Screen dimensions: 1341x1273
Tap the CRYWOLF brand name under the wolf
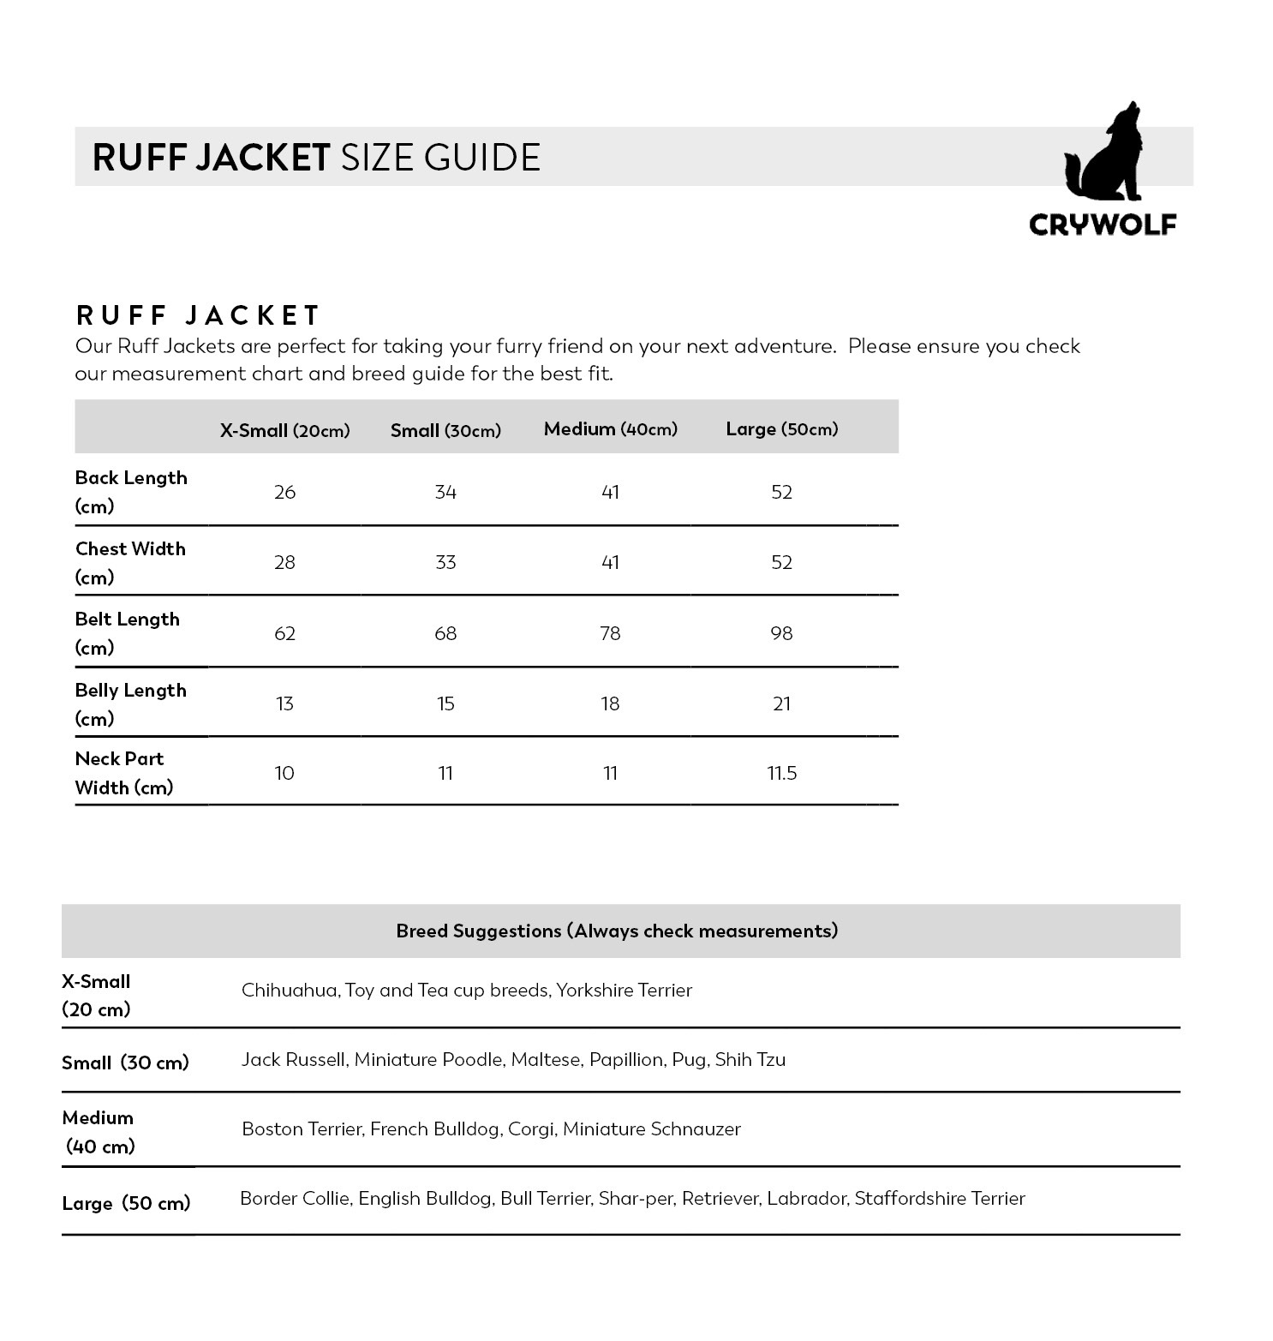(x=1103, y=224)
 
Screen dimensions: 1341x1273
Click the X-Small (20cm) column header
(x=284, y=430)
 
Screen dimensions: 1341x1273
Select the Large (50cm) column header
(x=781, y=428)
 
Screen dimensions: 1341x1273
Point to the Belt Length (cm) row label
(x=128, y=633)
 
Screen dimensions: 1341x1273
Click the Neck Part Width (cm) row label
(x=124, y=773)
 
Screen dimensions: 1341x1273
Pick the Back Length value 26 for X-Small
(x=284, y=492)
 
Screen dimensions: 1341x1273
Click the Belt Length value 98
(x=781, y=633)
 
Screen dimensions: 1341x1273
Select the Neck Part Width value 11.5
(x=781, y=773)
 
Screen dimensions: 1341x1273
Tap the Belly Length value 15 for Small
(x=445, y=703)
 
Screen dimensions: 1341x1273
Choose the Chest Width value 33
(x=445, y=562)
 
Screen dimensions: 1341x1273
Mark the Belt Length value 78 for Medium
(x=610, y=633)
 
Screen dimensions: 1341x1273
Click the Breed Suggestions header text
(x=617, y=931)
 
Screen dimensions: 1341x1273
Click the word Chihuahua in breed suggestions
(x=290, y=991)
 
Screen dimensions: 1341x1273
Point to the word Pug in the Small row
(x=689, y=1060)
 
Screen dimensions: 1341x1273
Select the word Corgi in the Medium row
(x=531, y=1129)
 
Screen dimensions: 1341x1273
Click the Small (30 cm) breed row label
(x=125, y=1063)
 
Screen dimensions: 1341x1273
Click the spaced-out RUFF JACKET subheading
(x=198, y=315)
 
